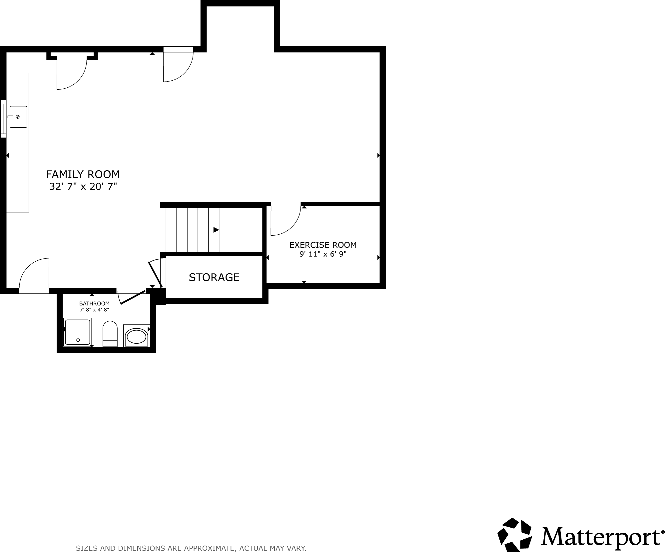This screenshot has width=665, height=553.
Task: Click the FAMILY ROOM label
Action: (83, 174)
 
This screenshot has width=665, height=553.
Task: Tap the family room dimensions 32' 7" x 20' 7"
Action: (83, 186)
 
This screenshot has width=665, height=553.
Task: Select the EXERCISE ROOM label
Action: (323, 245)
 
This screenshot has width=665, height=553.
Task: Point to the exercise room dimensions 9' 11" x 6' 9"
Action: (323, 254)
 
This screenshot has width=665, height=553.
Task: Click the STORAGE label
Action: (214, 277)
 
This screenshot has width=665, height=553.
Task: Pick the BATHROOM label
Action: (94, 304)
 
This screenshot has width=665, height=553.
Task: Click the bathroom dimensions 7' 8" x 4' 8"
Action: (94, 310)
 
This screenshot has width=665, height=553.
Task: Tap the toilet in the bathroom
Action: (110, 334)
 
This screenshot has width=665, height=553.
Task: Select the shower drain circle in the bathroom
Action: (78, 340)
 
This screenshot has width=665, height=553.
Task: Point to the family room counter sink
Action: (18, 117)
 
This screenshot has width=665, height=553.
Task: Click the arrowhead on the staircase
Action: (216, 230)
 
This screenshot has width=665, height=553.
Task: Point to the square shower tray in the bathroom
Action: (77, 332)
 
